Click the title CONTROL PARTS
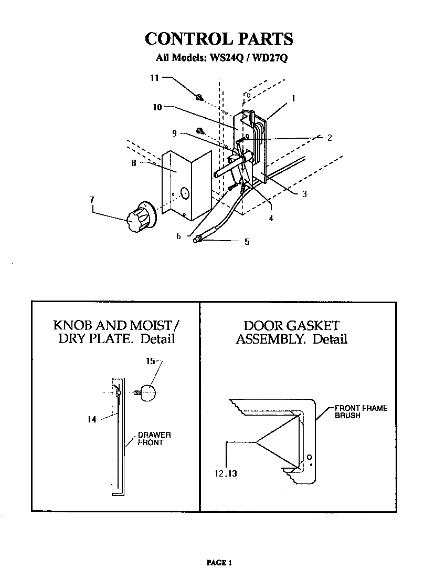[x=218, y=39]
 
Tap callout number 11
[x=154, y=78]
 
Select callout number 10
[x=157, y=107]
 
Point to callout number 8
[x=134, y=163]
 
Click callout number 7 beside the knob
[x=92, y=199]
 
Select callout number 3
[x=304, y=194]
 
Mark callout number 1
[x=293, y=98]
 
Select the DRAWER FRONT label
[x=154, y=439]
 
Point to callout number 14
[x=92, y=419]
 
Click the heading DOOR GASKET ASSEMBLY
[x=291, y=332]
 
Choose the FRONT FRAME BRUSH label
[x=361, y=411]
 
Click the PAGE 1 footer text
[x=219, y=563]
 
